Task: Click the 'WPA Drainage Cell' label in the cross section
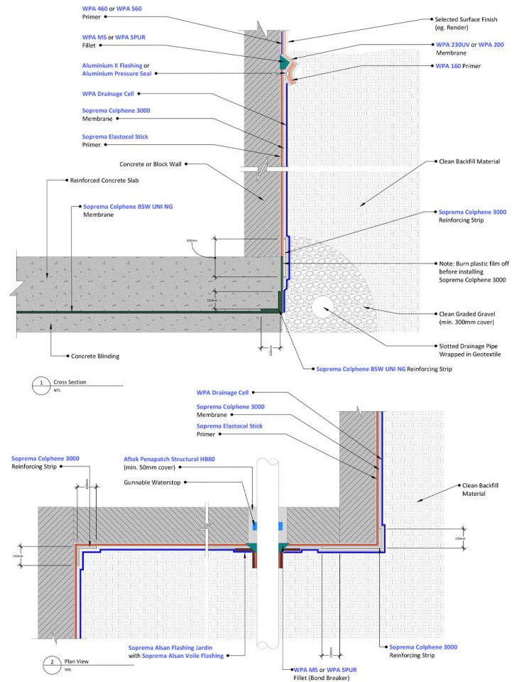108,93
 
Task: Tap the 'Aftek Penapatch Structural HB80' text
168,460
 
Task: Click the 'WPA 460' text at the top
97,7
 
